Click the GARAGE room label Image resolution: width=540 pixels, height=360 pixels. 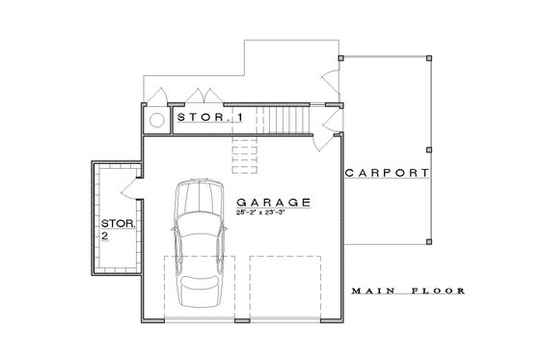(x=273, y=203)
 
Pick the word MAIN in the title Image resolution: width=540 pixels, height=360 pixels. (x=371, y=291)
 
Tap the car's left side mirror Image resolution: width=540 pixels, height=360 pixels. (x=173, y=228)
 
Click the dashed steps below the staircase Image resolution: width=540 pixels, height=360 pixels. (x=243, y=150)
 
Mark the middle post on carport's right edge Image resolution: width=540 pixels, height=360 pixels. (x=428, y=149)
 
